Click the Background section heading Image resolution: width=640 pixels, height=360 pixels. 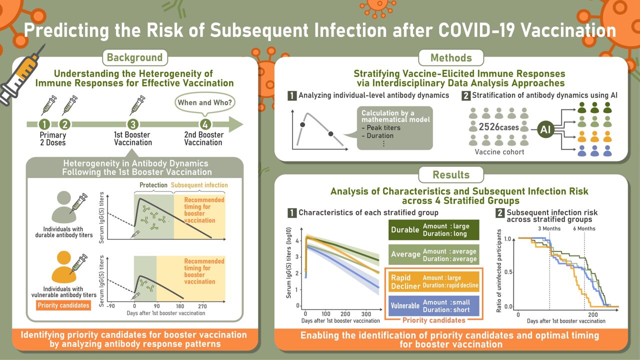[x=134, y=57]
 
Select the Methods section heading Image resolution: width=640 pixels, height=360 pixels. [x=451, y=57]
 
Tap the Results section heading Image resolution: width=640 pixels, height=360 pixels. [x=451, y=174]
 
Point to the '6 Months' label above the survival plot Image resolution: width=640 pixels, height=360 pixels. [x=584, y=228]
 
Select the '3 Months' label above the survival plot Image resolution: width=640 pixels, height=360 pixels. [x=549, y=228]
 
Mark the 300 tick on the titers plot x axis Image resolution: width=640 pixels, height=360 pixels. [x=364, y=313]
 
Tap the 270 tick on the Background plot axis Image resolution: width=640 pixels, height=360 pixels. [x=202, y=305]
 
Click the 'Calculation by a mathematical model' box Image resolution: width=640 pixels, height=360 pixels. [x=394, y=128]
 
